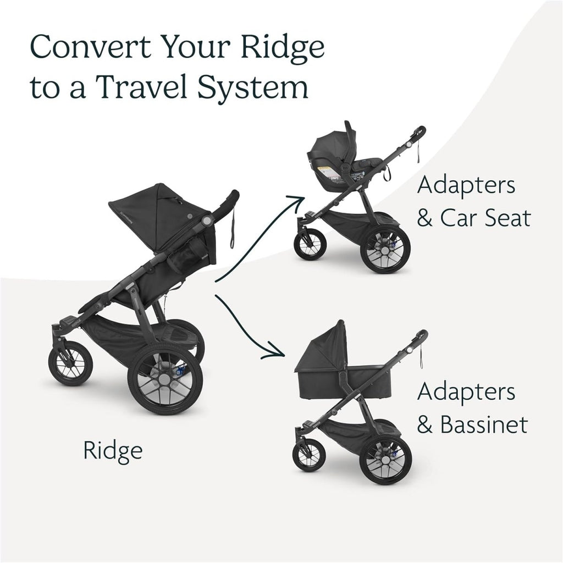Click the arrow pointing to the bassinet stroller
[247, 330]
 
